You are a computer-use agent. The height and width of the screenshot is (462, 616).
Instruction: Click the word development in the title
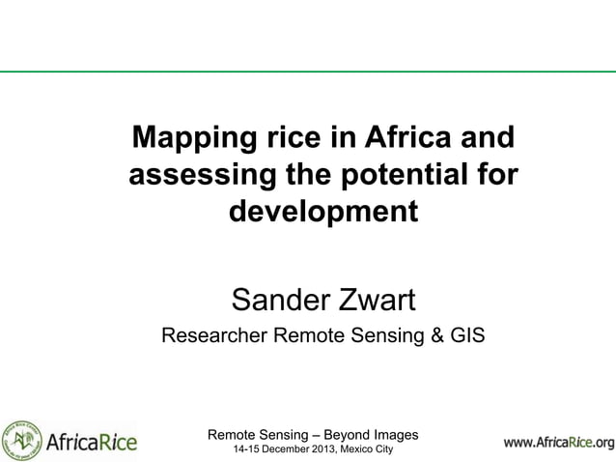322,211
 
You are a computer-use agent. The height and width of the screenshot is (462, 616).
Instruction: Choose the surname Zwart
373,301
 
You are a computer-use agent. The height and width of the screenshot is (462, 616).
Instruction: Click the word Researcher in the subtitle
212,336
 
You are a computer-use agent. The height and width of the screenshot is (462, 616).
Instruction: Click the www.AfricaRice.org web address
558,444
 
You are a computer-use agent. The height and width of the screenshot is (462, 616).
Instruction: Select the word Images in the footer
392,435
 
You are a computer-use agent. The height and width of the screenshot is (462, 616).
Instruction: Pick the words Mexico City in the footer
364,451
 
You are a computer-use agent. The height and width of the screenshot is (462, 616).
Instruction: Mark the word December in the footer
274,451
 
